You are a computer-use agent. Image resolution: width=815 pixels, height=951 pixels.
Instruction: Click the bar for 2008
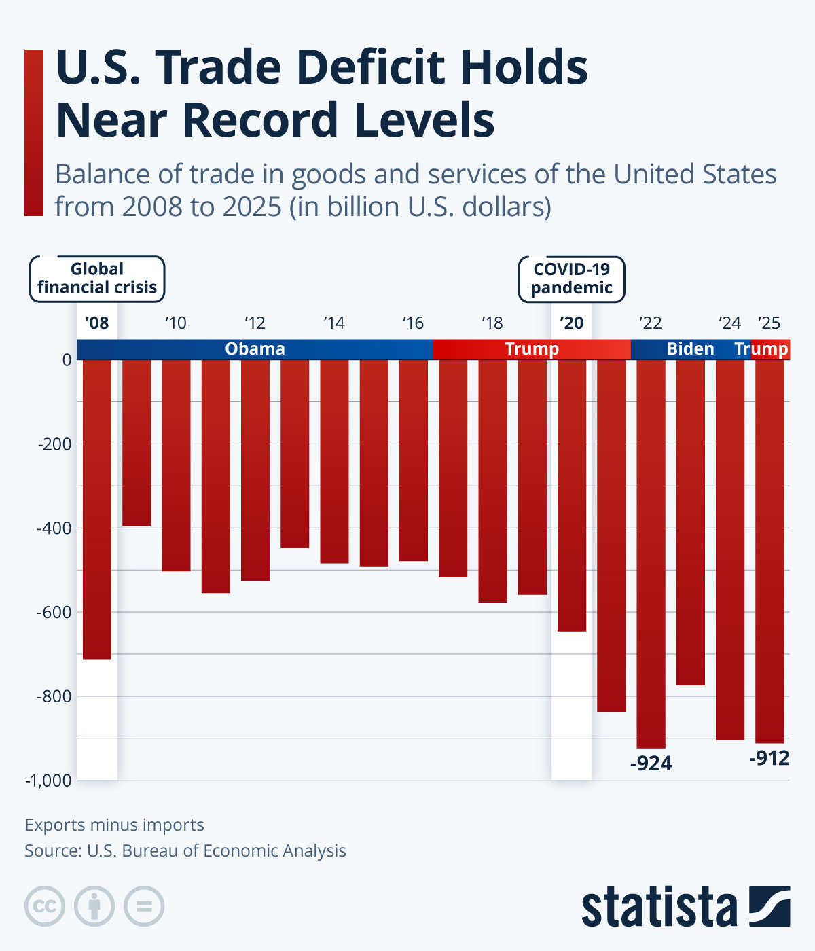click(96, 509)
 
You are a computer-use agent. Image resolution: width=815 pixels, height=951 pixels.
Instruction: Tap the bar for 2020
click(572, 496)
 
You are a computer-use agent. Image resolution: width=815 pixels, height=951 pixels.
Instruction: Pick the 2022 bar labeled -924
click(651, 554)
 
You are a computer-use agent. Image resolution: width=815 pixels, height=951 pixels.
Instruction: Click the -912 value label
click(769, 758)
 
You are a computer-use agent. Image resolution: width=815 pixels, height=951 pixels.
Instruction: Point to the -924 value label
click(651, 764)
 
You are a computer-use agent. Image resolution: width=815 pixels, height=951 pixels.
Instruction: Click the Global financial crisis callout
click(97, 279)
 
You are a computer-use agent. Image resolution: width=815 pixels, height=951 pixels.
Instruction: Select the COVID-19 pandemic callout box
click(572, 279)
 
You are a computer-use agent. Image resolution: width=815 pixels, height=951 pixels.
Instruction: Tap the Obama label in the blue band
click(255, 349)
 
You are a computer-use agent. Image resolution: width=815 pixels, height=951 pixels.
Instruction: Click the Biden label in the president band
click(690, 349)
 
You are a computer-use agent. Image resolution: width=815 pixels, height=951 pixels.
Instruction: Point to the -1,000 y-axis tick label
click(48, 781)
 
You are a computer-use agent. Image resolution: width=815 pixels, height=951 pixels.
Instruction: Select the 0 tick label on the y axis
click(67, 360)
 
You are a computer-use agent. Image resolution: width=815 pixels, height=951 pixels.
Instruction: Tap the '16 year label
click(413, 323)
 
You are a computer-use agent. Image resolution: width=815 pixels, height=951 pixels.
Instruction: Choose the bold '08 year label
click(97, 323)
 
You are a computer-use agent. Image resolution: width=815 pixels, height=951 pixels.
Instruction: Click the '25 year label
click(769, 323)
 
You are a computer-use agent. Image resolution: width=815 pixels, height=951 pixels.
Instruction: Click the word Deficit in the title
click(369, 68)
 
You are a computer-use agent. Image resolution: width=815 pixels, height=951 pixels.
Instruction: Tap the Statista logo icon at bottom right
click(769, 906)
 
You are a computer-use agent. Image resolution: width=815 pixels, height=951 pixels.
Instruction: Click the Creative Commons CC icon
click(45, 906)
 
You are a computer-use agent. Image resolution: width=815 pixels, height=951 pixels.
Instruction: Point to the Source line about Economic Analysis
click(185, 851)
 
